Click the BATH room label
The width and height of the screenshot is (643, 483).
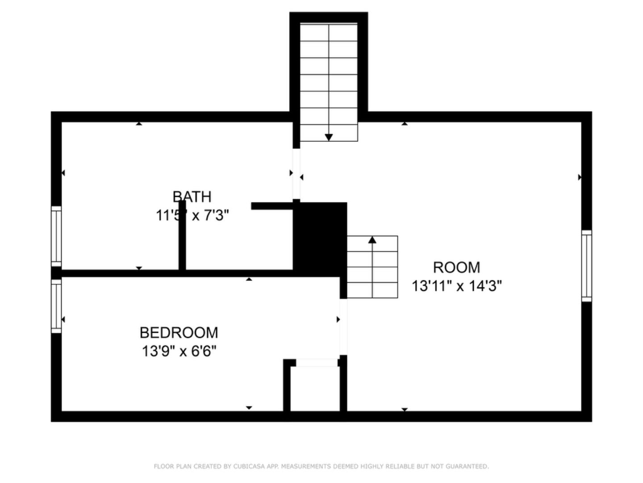192,197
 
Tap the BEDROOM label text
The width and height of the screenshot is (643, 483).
179,333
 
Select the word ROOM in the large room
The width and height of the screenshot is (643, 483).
456,267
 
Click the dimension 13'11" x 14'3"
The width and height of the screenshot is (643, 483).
456,286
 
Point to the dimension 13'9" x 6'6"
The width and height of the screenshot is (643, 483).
179,351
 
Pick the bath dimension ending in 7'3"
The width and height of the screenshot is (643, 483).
192,216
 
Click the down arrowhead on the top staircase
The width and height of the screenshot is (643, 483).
329,137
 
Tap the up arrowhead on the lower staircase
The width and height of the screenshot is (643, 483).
372,240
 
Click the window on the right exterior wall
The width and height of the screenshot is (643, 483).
586,266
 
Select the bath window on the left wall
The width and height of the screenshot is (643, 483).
56,236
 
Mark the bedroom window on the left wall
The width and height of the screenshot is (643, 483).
56,306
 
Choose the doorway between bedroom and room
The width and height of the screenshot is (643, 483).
343,326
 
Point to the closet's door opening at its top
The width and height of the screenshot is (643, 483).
317,363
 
